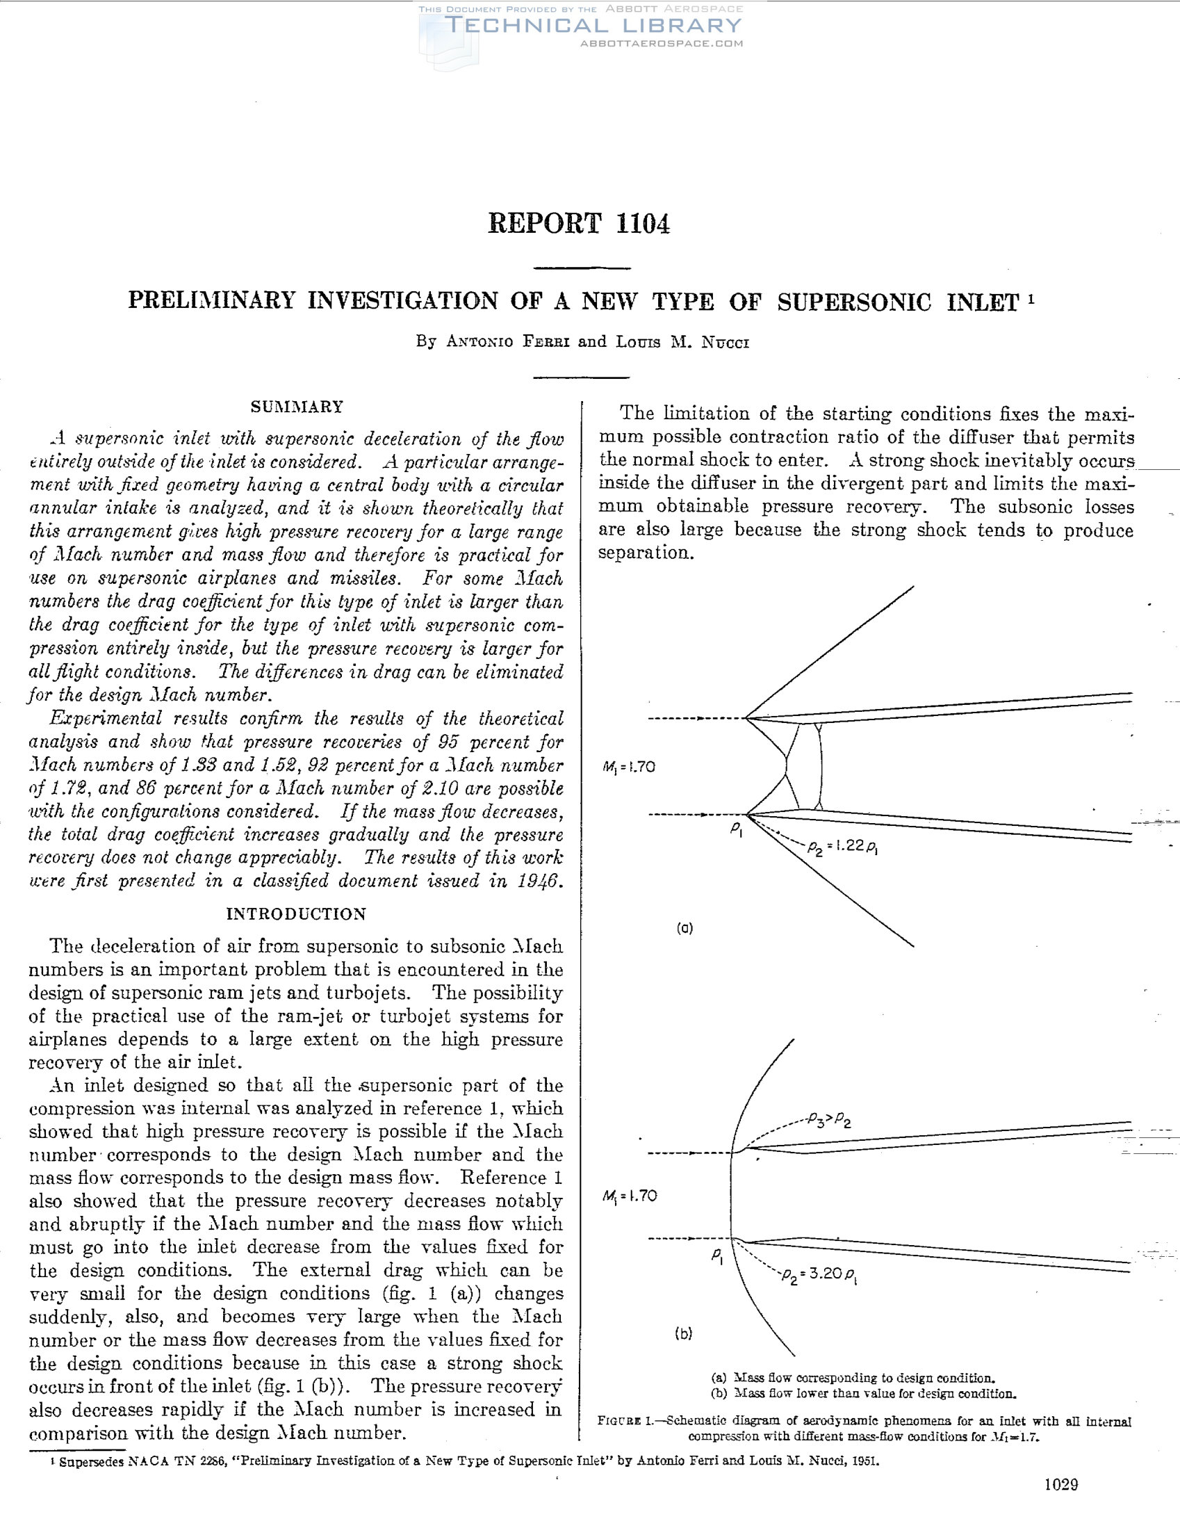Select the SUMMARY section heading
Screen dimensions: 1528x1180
[297, 407]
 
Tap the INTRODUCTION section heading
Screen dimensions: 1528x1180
[296, 913]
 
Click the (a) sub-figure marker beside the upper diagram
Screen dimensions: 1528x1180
[684, 929]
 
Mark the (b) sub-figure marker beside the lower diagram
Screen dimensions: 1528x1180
[683, 1333]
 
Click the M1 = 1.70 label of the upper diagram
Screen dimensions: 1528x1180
[629, 767]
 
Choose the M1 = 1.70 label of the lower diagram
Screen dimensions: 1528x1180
[630, 1196]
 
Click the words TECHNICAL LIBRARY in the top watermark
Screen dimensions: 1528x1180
[593, 26]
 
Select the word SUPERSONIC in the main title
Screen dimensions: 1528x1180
[854, 302]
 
